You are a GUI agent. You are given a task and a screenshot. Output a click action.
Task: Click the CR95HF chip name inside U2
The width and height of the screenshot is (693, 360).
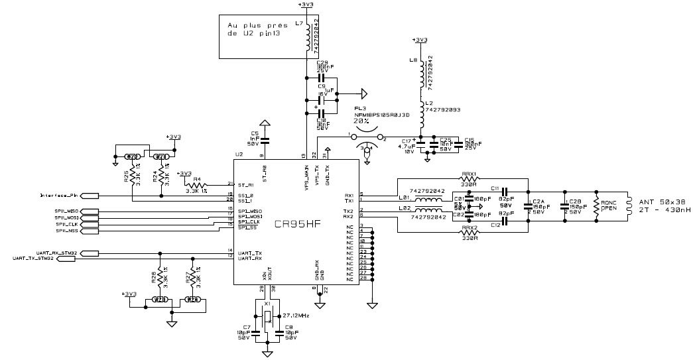pos(298,224)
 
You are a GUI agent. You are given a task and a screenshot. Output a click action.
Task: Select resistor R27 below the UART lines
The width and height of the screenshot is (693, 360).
pos(192,276)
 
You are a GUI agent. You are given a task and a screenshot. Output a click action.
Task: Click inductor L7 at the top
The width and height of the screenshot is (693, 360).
pos(306,38)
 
